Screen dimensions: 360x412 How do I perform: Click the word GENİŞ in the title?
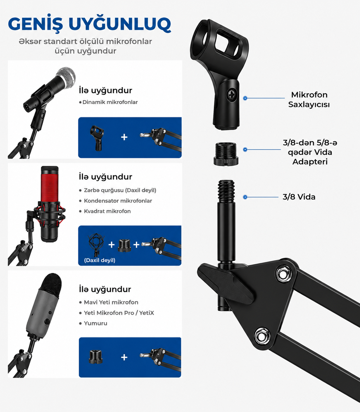pyautogui.click(x=36, y=24)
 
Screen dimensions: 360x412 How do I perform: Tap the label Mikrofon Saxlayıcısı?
pyautogui.click(x=309, y=100)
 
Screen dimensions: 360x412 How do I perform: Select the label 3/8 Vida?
pyautogui.click(x=299, y=197)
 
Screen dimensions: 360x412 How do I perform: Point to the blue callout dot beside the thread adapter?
pyautogui.click(x=245, y=150)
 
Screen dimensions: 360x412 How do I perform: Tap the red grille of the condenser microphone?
pyautogui.click(x=49, y=188)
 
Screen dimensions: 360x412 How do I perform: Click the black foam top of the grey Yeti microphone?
pyautogui.click(x=51, y=284)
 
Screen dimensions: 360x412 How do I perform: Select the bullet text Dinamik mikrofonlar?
pyautogui.click(x=110, y=102)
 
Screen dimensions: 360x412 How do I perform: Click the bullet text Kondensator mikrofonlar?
pyautogui.click(x=118, y=201)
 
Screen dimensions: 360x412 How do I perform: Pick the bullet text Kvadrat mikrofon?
pyautogui.click(x=108, y=211)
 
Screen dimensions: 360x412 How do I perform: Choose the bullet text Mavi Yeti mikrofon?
pyautogui.click(x=111, y=302)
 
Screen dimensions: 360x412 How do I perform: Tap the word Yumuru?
pyautogui.click(x=96, y=323)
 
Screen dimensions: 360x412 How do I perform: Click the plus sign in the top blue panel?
pyautogui.click(x=124, y=137)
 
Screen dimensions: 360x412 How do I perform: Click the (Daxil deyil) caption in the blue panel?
pyautogui.click(x=100, y=260)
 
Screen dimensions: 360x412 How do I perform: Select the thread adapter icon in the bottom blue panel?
pyautogui.click(x=96, y=357)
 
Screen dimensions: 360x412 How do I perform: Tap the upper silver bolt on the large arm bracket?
pyautogui.click(x=284, y=274)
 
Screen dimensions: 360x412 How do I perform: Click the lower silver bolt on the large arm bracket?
pyautogui.click(x=262, y=336)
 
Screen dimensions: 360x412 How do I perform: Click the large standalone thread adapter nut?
pyautogui.click(x=226, y=154)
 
